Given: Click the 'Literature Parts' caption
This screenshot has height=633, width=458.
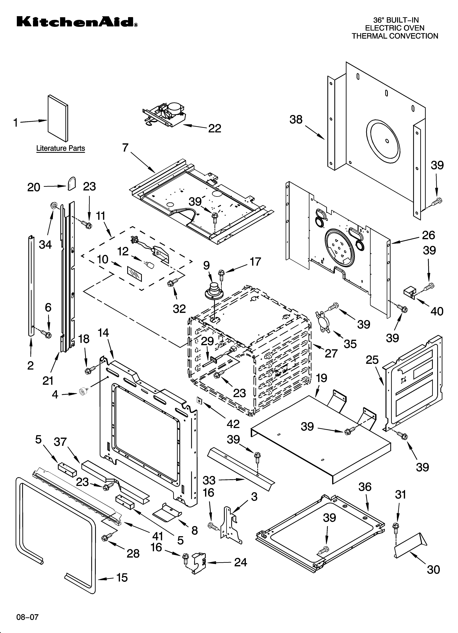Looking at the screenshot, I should [60, 148].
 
